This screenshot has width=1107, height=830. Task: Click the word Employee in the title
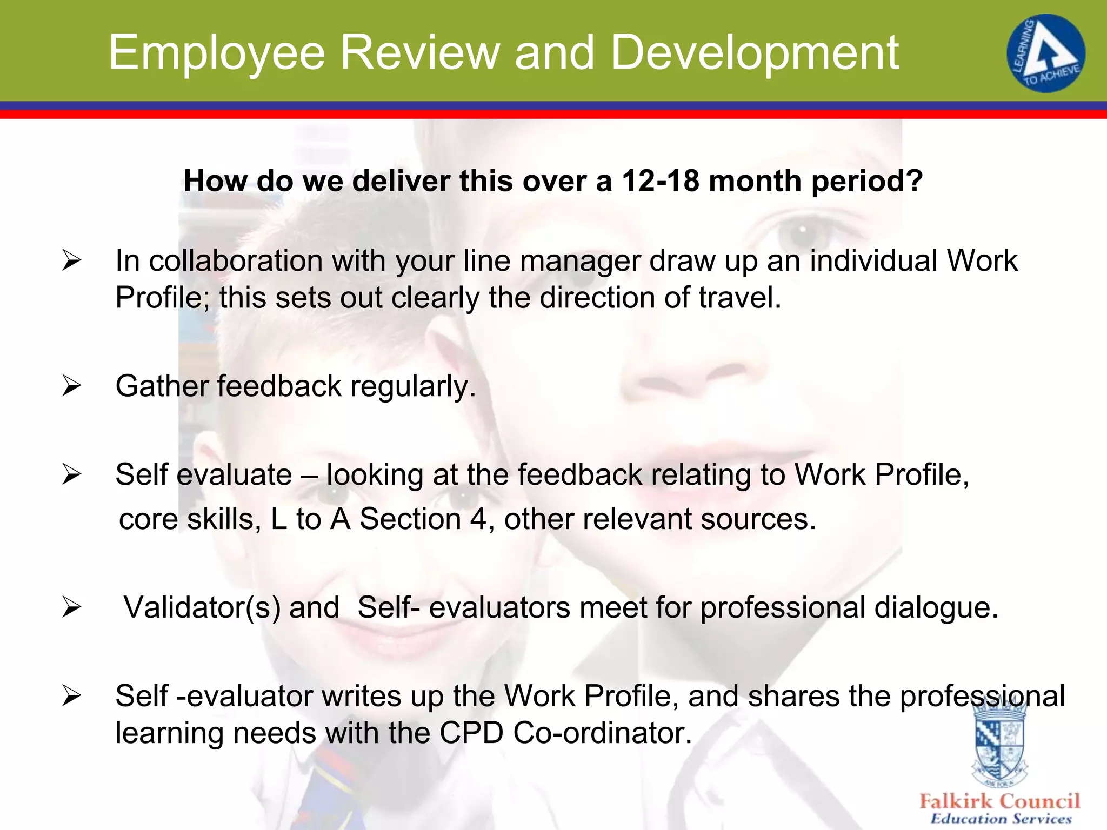(x=216, y=53)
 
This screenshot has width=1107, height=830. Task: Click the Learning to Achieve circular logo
(x=1045, y=53)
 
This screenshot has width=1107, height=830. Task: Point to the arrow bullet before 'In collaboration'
(x=71, y=260)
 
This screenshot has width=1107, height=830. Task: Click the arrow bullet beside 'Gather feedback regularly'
(x=71, y=386)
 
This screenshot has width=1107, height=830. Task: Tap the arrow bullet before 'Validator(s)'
(x=71, y=607)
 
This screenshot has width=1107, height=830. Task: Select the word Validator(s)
(x=202, y=608)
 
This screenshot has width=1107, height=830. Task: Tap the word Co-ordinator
(x=602, y=733)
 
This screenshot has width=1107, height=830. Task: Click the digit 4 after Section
(x=478, y=519)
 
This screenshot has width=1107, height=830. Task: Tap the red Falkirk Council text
(x=1000, y=801)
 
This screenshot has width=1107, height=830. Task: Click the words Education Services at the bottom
(x=1001, y=819)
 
